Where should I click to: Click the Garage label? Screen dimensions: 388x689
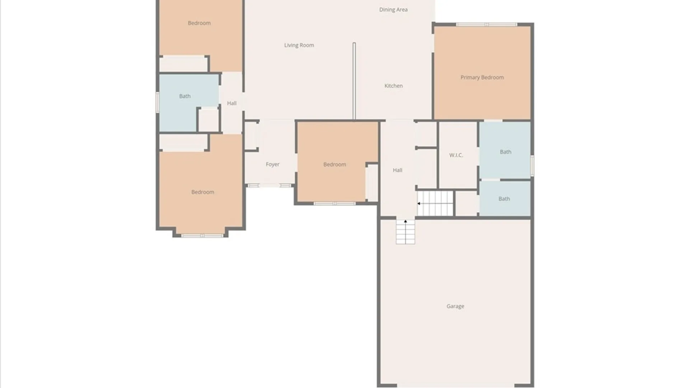pyautogui.click(x=455, y=306)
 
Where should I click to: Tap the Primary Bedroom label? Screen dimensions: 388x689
pyautogui.click(x=482, y=77)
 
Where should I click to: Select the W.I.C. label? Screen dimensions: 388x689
pyautogui.click(x=456, y=155)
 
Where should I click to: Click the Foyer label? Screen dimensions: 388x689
pyautogui.click(x=272, y=164)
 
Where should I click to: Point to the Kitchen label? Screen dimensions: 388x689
pyautogui.click(x=393, y=86)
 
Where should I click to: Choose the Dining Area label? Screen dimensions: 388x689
pyautogui.click(x=393, y=10)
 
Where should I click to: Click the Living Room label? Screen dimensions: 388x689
pyautogui.click(x=299, y=45)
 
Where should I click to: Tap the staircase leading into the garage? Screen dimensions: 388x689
pyautogui.click(x=406, y=232)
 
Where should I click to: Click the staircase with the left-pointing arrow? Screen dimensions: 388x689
pyautogui.click(x=435, y=203)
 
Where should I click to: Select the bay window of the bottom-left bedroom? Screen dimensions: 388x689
pyautogui.click(x=202, y=236)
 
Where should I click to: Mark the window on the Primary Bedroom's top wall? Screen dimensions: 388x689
pyautogui.click(x=486, y=24)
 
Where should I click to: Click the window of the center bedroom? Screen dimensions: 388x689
pyautogui.click(x=334, y=203)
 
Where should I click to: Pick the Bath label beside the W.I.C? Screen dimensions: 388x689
pyautogui.click(x=505, y=152)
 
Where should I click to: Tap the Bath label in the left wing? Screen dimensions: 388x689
pyautogui.click(x=185, y=96)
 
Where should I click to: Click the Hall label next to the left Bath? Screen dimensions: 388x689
pyautogui.click(x=232, y=103)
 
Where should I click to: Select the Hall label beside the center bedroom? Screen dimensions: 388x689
pyautogui.click(x=397, y=170)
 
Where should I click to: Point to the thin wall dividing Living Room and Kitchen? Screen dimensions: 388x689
pyautogui.click(x=354, y=81)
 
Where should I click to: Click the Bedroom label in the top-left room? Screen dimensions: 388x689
pyautogui.click(x=199, y=23)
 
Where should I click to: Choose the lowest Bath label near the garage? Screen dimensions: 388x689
pyautogui.click(x=504, y=199)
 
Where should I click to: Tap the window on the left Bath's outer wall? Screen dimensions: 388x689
pyautogui.click(x=157, y=102)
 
